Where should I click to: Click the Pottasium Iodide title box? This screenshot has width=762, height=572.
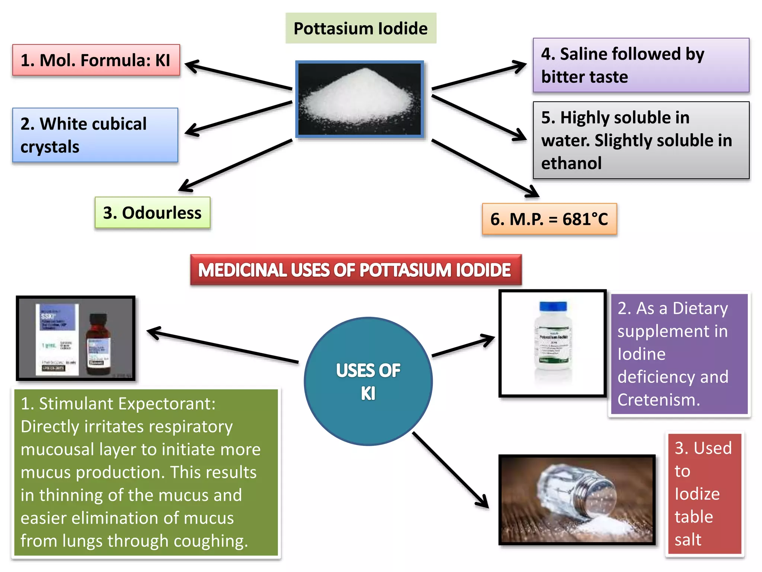[x=361, y=28]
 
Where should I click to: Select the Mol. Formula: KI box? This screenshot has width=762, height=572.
[x=96, y=60]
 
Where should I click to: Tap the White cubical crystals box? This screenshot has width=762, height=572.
[x=95, y=135]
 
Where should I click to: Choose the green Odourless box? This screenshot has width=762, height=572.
[x=152, y=213]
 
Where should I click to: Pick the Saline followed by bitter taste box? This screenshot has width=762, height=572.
[x=641, y=65]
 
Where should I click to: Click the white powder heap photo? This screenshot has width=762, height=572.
[x=360, y=99]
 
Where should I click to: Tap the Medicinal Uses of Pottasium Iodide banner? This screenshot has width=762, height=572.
[x=355, y=270]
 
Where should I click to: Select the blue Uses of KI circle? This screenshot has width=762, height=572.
[x=368, y=381]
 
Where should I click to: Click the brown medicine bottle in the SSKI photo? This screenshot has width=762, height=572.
[x=98, y=344]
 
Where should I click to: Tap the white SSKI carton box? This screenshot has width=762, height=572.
[x=57, y=339]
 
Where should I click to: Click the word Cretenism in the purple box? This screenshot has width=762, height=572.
[x=659, y=400]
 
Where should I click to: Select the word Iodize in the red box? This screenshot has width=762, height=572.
[x=697, y=494]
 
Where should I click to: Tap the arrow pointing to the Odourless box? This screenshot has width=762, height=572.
[x=234, y=166]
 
